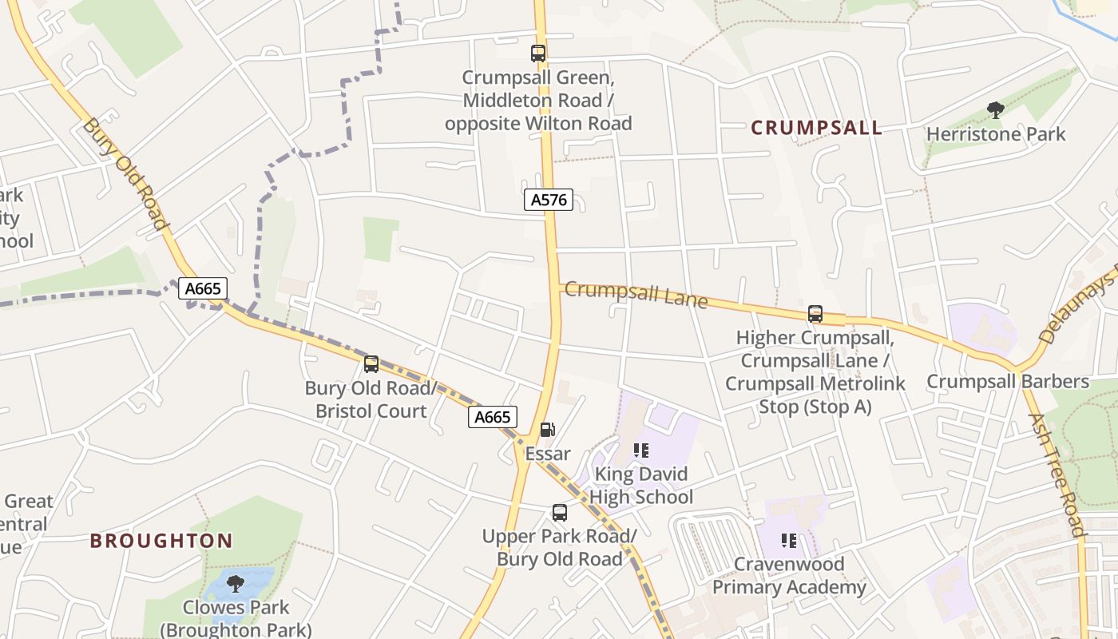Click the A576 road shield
point(549,200)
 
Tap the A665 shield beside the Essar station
point(492,417)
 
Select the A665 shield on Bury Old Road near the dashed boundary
point(202,288)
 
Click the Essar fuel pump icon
point(547,430)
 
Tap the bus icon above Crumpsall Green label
point(538,54)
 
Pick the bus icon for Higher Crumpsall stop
point(815,314)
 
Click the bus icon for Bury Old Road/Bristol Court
point(371,364)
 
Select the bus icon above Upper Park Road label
point(559,513)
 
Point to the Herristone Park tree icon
point(995,110)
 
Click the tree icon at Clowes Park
point(235,584)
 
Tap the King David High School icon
point(640,450)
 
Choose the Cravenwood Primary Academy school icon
point(789,541)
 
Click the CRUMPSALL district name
point(816,128)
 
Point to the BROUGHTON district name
point(161,541)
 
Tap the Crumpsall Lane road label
point(636,294)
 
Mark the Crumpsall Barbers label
point(1007,382)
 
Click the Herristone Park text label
point(995,134)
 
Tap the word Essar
point(548,454)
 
